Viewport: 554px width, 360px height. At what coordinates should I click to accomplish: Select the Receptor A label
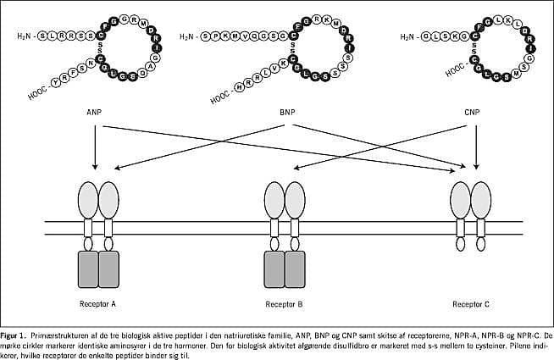98,303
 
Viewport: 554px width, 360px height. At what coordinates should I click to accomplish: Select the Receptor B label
284,303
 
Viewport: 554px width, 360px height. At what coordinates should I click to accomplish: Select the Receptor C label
470,303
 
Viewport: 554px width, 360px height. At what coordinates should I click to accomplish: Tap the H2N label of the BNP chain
189,36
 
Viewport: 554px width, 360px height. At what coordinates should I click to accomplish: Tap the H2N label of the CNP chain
408,36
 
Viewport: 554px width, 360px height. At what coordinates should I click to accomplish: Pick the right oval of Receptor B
295,200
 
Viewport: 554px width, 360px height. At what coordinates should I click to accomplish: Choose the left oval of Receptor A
88,200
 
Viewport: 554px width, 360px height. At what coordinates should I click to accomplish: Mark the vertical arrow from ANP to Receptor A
95,144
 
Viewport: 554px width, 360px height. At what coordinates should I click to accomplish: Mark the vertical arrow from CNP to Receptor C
478,144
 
